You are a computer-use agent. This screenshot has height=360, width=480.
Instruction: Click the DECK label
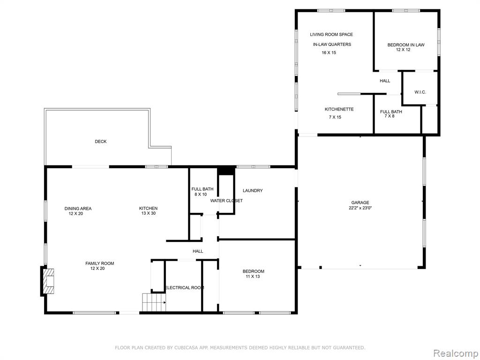pyautogui.click(x=101, y=142)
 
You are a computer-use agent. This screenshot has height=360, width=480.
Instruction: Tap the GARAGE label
pyautogui.click(x=360, y=202)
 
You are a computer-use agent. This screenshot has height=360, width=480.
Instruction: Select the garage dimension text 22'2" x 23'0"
pyautogui.click(x=360, y=208)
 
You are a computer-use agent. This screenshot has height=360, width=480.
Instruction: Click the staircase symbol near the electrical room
pyautogui.click(x=154, y=302)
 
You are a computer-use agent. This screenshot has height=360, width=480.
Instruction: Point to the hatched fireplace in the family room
pyautogui.click(x=48, y=281)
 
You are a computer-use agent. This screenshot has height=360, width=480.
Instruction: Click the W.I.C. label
pyautogui.click(x=420, y=92)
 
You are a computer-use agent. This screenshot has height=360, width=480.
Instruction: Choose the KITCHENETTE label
pyautogui.click(x=339, y=109)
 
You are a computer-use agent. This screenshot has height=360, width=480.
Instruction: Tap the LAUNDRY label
pyautogui.click(x=253, y=190)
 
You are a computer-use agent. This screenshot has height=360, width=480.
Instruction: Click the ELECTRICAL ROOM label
pyautogui.click(x=185, y=288)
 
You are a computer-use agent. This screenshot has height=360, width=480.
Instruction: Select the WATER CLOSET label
pyautogui.click(x=226, y=201)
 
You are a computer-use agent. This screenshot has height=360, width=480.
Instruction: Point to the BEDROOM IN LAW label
pyautogui.click(x=406, y=45)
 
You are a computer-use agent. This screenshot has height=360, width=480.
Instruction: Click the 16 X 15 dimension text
pyautogui.click(x=329, y=52)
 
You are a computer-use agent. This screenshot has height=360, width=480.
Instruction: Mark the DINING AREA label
pyautogui.click(x=78, y=209)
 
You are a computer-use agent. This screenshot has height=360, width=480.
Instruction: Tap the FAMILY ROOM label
pyautogui.click(x=99, y=263)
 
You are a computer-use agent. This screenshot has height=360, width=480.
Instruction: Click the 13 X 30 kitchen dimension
pyautogui.click(x=149, y=213)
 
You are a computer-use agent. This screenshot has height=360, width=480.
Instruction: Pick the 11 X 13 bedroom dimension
pyautogui.click(x=253, y=277)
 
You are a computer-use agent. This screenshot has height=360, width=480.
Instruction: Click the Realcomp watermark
pyautogui.click(x=456, y=353)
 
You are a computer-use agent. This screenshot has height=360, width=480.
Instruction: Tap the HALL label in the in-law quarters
pyautogui.click(x=385, y=81)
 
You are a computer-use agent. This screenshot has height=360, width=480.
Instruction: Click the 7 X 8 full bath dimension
pyautogui.click(x=389, y=116)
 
